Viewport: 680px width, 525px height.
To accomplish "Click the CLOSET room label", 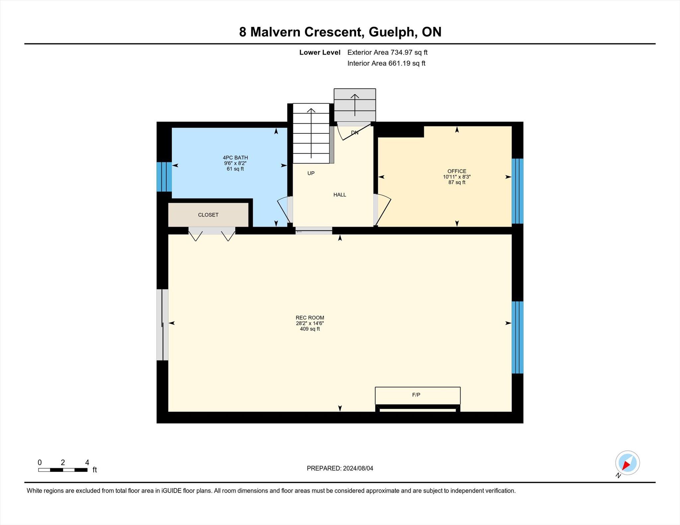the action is pos(208,215).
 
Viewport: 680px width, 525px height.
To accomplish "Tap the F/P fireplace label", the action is pos(416,395).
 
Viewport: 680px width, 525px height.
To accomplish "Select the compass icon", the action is pos(627,463).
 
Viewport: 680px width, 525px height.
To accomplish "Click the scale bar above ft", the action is pos(63,470).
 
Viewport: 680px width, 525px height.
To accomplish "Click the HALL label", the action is pos(340,195).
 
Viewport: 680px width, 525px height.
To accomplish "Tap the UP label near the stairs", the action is pos(311,173).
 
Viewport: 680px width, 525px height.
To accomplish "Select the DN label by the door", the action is pos(355,133).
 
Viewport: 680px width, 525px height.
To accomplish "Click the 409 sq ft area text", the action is pos(310,329).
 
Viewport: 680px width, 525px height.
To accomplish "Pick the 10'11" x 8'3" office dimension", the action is pos(457,177).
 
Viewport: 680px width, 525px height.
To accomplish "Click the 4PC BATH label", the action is pos(235,158).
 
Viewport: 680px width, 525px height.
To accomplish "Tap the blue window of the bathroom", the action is pos(164,177).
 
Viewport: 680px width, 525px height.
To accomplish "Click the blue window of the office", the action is pos(517,191).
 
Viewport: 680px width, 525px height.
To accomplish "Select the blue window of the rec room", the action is pos(517,337).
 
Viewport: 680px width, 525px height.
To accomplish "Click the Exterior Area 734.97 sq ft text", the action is pos(387,52).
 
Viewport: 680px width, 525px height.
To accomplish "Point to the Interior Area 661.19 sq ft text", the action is pos(386,63).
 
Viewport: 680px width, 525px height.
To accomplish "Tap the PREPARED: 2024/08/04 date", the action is pos(340,468).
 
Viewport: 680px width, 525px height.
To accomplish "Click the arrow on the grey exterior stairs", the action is pos(355,105).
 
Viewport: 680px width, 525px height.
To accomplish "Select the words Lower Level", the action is pos(320,52).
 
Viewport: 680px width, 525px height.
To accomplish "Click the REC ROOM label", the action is pos(310,318).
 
